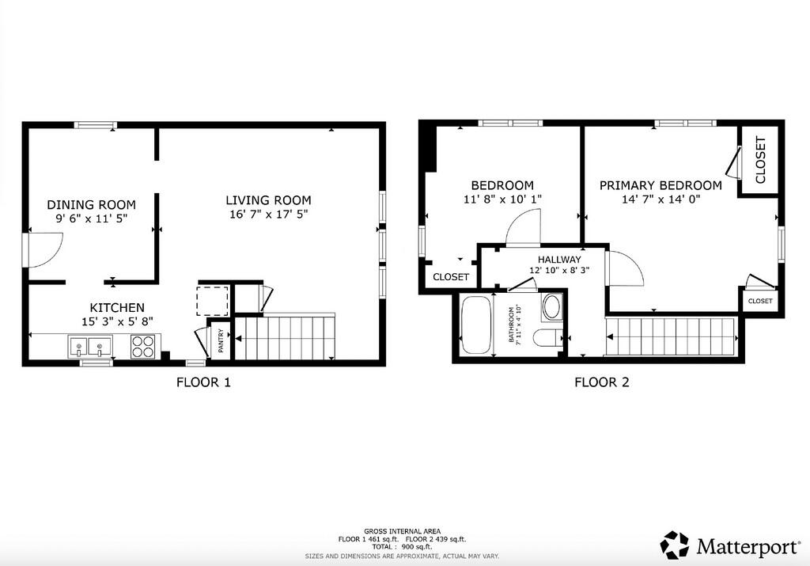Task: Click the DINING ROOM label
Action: click(x=92, y=205)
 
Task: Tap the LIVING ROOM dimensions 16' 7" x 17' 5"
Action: click(x=269, y=214)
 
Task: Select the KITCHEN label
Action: click(x=117, y=308)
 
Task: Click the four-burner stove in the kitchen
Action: click(x=143, y=346)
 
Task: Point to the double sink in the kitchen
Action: click(x=90, y=346)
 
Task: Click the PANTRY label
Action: click(x=221, y=341)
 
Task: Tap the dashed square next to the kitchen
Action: click(x=212, y=300)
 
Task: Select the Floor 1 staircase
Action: click(x=285, y=337)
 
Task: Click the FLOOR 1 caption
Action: click(x=203, y=382)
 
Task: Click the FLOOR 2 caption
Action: click(x=602, y=382)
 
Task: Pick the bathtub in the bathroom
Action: click(x=477, y=325)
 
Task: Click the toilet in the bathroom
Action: click(x=548, y=338)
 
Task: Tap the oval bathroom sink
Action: click(x=551, y=307)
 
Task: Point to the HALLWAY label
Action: click(x=559, y=260)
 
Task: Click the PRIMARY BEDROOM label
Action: click(x=660, y=185)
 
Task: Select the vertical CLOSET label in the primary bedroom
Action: click(x=760, y=160)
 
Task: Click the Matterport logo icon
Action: click(x=675, y=545)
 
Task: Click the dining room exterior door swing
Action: click(x=45, y=250)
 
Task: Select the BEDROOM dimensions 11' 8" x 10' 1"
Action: click(x=502, y=199)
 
